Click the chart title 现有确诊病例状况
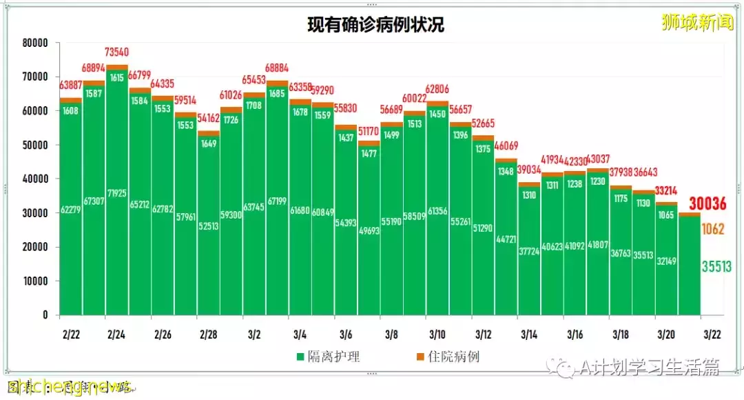tap(375, 26)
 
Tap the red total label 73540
tap(117, 52)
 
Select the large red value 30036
tap(709, 203)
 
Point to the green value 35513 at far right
tap(717, 267)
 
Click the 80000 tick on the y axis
tap(34, 43)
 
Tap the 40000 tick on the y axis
tap(34, 179)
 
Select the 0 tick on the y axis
tap(45, 315)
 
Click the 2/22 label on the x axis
tap(70, 334)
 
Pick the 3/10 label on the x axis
tap(437, 334)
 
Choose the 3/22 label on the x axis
tap(712, 334)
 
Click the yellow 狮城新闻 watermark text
tap(696, 23)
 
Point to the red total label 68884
tap(277, 70)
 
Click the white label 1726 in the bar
tap(231, 120)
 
